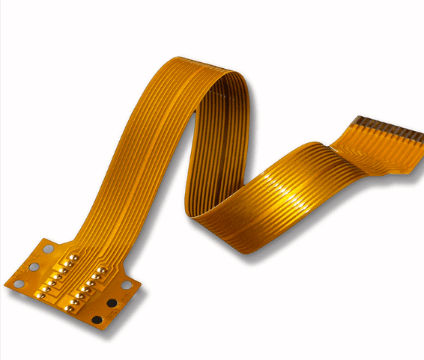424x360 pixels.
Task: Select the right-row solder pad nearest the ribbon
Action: coord(101,269)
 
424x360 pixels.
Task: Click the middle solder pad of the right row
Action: coord(86,287)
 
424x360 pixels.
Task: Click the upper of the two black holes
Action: coord(112,303)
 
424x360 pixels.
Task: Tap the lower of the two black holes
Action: coord(97,320)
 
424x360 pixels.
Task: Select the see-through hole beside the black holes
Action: coord(127,285)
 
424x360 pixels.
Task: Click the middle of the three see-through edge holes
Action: coord(34,266)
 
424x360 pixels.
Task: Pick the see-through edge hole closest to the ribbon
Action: coord(48,248)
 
